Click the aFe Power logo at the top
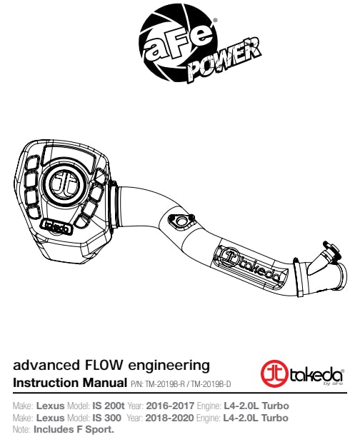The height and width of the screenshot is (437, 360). tap(199, 46)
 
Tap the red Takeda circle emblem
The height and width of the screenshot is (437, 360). tap(274, 374)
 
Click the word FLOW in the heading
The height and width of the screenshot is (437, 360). tap(103, 365)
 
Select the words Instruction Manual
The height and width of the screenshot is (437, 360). tap(70, 383)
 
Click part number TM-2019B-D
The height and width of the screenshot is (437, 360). tap(211, 384)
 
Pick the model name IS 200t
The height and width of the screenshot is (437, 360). tap(109, 406)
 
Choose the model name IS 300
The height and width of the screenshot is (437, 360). tap(107, 418)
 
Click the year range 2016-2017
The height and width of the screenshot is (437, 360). tap(170, 406)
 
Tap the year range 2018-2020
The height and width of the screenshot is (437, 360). tap(169, 418)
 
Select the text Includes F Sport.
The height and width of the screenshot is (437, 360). tap(74, 429)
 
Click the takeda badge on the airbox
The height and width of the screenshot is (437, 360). tap(57, 227)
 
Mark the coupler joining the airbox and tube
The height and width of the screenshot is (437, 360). tap(114, 204)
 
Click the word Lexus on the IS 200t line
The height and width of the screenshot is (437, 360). tap(50, 406)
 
